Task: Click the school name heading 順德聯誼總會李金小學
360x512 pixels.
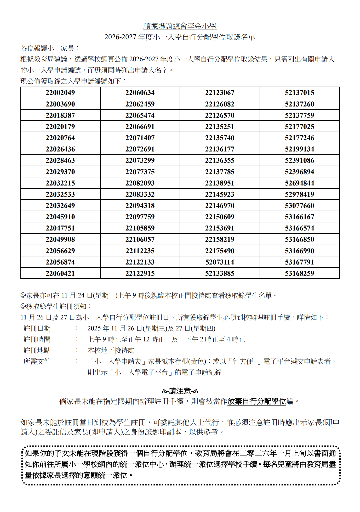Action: (x=180, y=26)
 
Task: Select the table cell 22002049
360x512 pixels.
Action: (x=60, y=93)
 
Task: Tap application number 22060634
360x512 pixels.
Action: (x=140, y=93)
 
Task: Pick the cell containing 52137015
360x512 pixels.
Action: (x=300, y=93)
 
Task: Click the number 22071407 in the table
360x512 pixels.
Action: (x=140, y=138)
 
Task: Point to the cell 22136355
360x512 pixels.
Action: (x=220, y=160)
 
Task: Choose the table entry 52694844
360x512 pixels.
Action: (x=300, y=183)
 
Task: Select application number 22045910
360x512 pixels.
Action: (x=60, y=217)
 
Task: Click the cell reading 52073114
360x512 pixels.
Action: (x=220, y=262)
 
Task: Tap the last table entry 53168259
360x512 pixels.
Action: (x=300, y=273)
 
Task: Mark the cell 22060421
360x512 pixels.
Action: (x=60, y=273)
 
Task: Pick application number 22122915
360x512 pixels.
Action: (x=140, y=273)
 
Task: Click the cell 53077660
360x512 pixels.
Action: (x=300, y=206)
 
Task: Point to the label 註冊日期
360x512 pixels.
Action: (x=37, y=329)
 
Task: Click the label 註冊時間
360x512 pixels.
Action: (x=37, y=340)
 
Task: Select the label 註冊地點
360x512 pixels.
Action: (x=37, y=351)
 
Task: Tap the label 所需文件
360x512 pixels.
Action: (x=37, y=362)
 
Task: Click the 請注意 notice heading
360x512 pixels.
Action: (x=180, y=391)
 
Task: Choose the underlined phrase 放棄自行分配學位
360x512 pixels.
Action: (x=257, y=401)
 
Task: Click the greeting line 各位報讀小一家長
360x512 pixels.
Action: (x=50, y=48)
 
